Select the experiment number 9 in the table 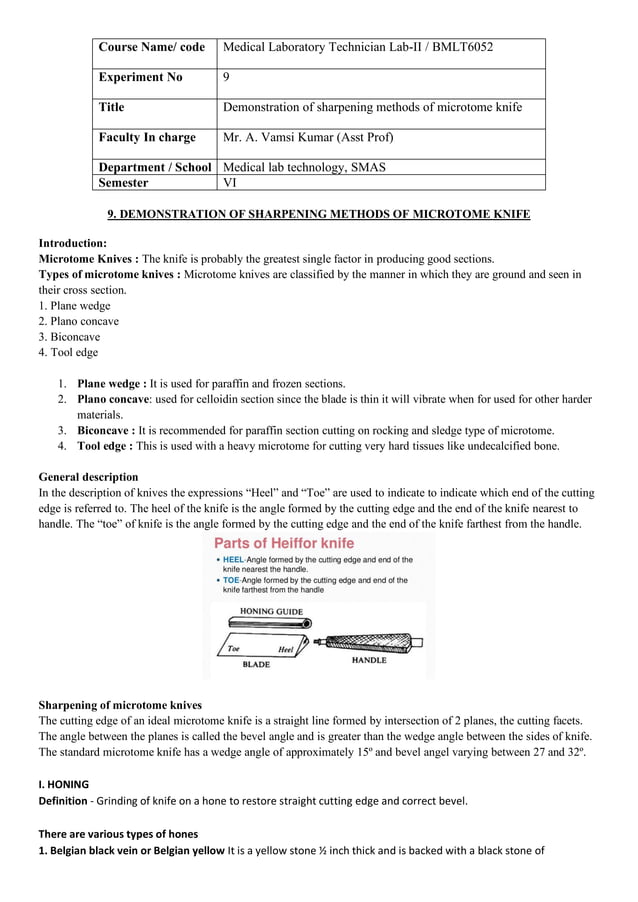[x=225, y=77]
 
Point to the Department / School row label [x=155, y=167]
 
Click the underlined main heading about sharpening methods [x=318, y=214]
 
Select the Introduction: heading [x=72, y=243]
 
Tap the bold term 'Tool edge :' [x=104, y=445]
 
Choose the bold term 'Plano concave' [x=113, y=399]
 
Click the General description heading [x=88, y=477]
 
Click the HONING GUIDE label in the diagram [x=271, y=611]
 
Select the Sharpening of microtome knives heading [x=120, y=704]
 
